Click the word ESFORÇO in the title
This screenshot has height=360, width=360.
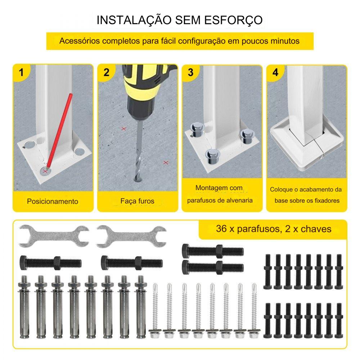(x=233, y=20)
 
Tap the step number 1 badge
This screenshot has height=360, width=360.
(x=21, y=73)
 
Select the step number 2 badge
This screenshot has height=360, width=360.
(x=106, y=73)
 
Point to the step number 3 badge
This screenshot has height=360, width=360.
(x=190, y=73)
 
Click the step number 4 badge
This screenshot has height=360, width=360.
(x=275, y=73)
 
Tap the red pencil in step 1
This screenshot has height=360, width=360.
(x=59, y=131)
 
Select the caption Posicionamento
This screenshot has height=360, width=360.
(x=53, y=201)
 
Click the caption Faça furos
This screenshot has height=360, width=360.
(x=137, y=201)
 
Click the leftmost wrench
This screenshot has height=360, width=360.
(x=54, y=236)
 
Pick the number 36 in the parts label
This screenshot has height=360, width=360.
(x=221, y=229)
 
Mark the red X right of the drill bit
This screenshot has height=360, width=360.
(x=166, y=163)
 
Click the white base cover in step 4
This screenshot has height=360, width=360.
(x=308, y=147)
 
